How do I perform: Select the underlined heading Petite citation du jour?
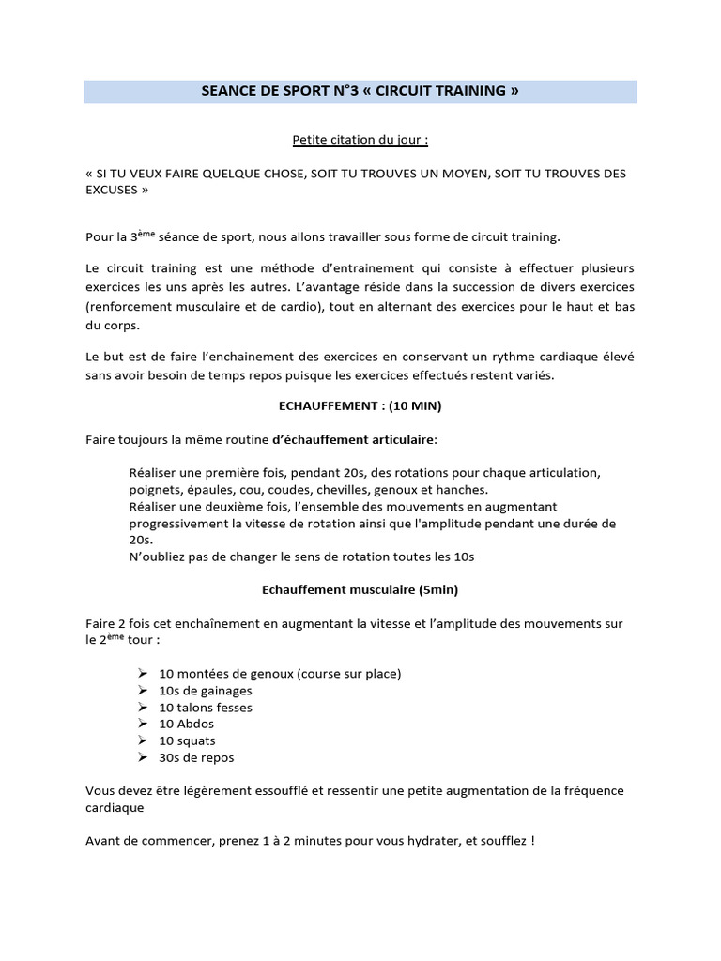360,141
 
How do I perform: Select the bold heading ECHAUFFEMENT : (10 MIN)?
360,406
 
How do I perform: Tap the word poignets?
155,489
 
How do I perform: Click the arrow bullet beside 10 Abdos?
142,724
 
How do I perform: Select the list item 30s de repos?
196,757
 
